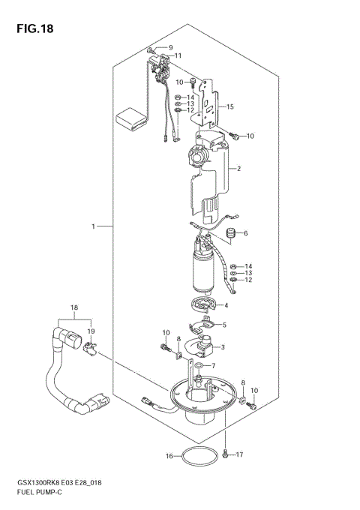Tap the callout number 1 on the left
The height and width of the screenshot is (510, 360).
94,226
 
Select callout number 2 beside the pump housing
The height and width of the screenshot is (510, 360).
238,169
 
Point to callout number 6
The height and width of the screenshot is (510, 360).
245,233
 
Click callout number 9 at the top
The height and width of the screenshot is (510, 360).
169,48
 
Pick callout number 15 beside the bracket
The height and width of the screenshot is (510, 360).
231,107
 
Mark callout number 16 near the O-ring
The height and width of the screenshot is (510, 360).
169,455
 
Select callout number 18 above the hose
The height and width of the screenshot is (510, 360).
73,308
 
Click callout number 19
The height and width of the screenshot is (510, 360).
90,330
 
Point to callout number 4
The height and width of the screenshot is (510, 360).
226,305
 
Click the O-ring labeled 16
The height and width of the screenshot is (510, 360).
196,457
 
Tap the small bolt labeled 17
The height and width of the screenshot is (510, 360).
226,453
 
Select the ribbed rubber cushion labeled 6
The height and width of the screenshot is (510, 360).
231,235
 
